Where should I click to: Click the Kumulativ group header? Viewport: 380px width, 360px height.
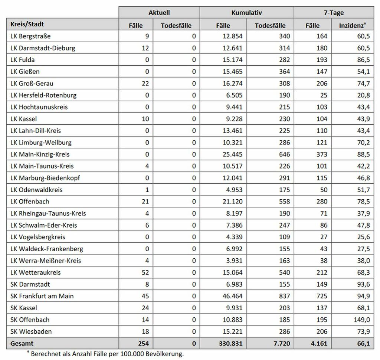point(246,13)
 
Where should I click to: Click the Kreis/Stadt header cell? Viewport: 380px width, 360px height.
point(28,24)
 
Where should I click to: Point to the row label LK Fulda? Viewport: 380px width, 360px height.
point(23,60)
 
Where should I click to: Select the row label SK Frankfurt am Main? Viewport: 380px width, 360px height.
point(42,296)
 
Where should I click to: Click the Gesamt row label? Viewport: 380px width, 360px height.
point(22,344)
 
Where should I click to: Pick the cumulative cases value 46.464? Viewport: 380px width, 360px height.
point(232,296)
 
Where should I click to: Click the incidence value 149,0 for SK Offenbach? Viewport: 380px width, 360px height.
point(361,320)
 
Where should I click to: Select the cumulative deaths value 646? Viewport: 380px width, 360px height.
point(284,154)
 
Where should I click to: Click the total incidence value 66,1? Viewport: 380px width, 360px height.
point(363,344)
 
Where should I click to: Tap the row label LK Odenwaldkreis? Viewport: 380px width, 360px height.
point(36,190)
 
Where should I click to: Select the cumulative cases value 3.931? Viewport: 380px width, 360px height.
point(234,261)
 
